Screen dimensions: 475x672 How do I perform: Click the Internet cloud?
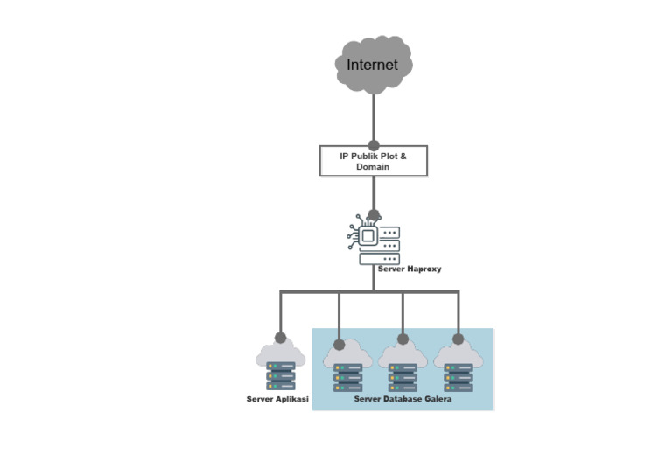click(374, 64)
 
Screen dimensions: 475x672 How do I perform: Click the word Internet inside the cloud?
click(372, 65)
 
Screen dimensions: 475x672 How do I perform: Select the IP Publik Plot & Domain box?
click(374, 161)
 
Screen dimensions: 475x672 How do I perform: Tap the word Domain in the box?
click(373, 167)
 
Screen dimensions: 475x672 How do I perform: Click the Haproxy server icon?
click(376, 239)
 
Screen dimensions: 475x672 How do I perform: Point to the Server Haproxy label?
click(409, 269)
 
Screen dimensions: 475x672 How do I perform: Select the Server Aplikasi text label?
click(277, 399)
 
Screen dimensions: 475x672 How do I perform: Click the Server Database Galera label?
click(403, 399)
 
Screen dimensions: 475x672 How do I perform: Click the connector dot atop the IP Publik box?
click(374, 145)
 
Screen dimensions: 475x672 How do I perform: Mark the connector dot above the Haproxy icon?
click(374, 214)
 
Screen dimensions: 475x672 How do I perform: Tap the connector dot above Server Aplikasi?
click(280, 338)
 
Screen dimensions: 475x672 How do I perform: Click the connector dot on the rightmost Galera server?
click(458, 339)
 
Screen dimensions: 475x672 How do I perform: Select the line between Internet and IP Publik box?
click(374, 118)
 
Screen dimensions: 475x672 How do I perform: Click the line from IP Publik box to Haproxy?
click(374, 192)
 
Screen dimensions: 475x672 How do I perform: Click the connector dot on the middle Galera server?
click(402, 339)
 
